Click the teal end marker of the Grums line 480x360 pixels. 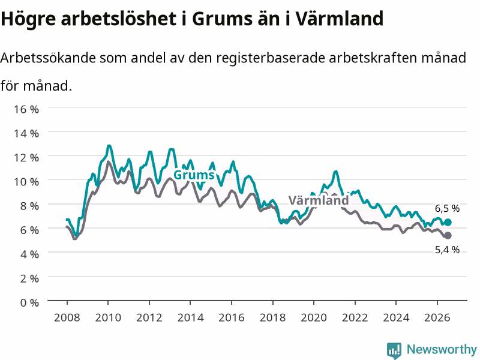click(448, 222)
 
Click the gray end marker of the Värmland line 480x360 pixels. click(448, 235)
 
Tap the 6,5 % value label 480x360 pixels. click(447, 209)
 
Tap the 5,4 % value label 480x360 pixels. click(447, 250)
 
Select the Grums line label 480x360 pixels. click(194, 175)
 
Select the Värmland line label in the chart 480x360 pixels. click(319, 201)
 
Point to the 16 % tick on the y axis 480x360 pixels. click(26, 109)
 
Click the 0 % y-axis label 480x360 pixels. click(29, 303)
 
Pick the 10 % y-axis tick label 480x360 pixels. click(26, 182)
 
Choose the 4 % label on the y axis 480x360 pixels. click(29, 254)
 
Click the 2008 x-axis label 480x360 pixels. click(67, 318)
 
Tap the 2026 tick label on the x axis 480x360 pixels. click(437, 318)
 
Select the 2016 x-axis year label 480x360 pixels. click(232, 318)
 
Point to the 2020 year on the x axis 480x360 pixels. click(314, 318)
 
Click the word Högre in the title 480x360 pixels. click(28, 19)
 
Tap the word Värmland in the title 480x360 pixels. click(340, 18)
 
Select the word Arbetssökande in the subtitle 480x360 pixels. click(48, 58)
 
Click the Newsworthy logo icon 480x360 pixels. click(394, 350)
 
